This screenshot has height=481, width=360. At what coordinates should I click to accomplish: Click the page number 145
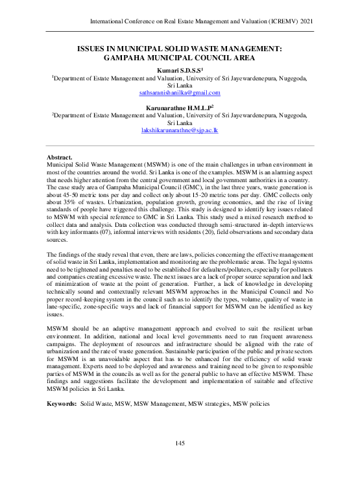pos(180,443)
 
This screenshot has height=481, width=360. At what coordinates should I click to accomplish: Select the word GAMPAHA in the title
pos(126,57)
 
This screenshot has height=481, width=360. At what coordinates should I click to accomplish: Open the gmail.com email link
pos(178,93)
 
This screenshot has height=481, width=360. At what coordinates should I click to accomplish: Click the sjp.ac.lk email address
pos(180,130)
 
